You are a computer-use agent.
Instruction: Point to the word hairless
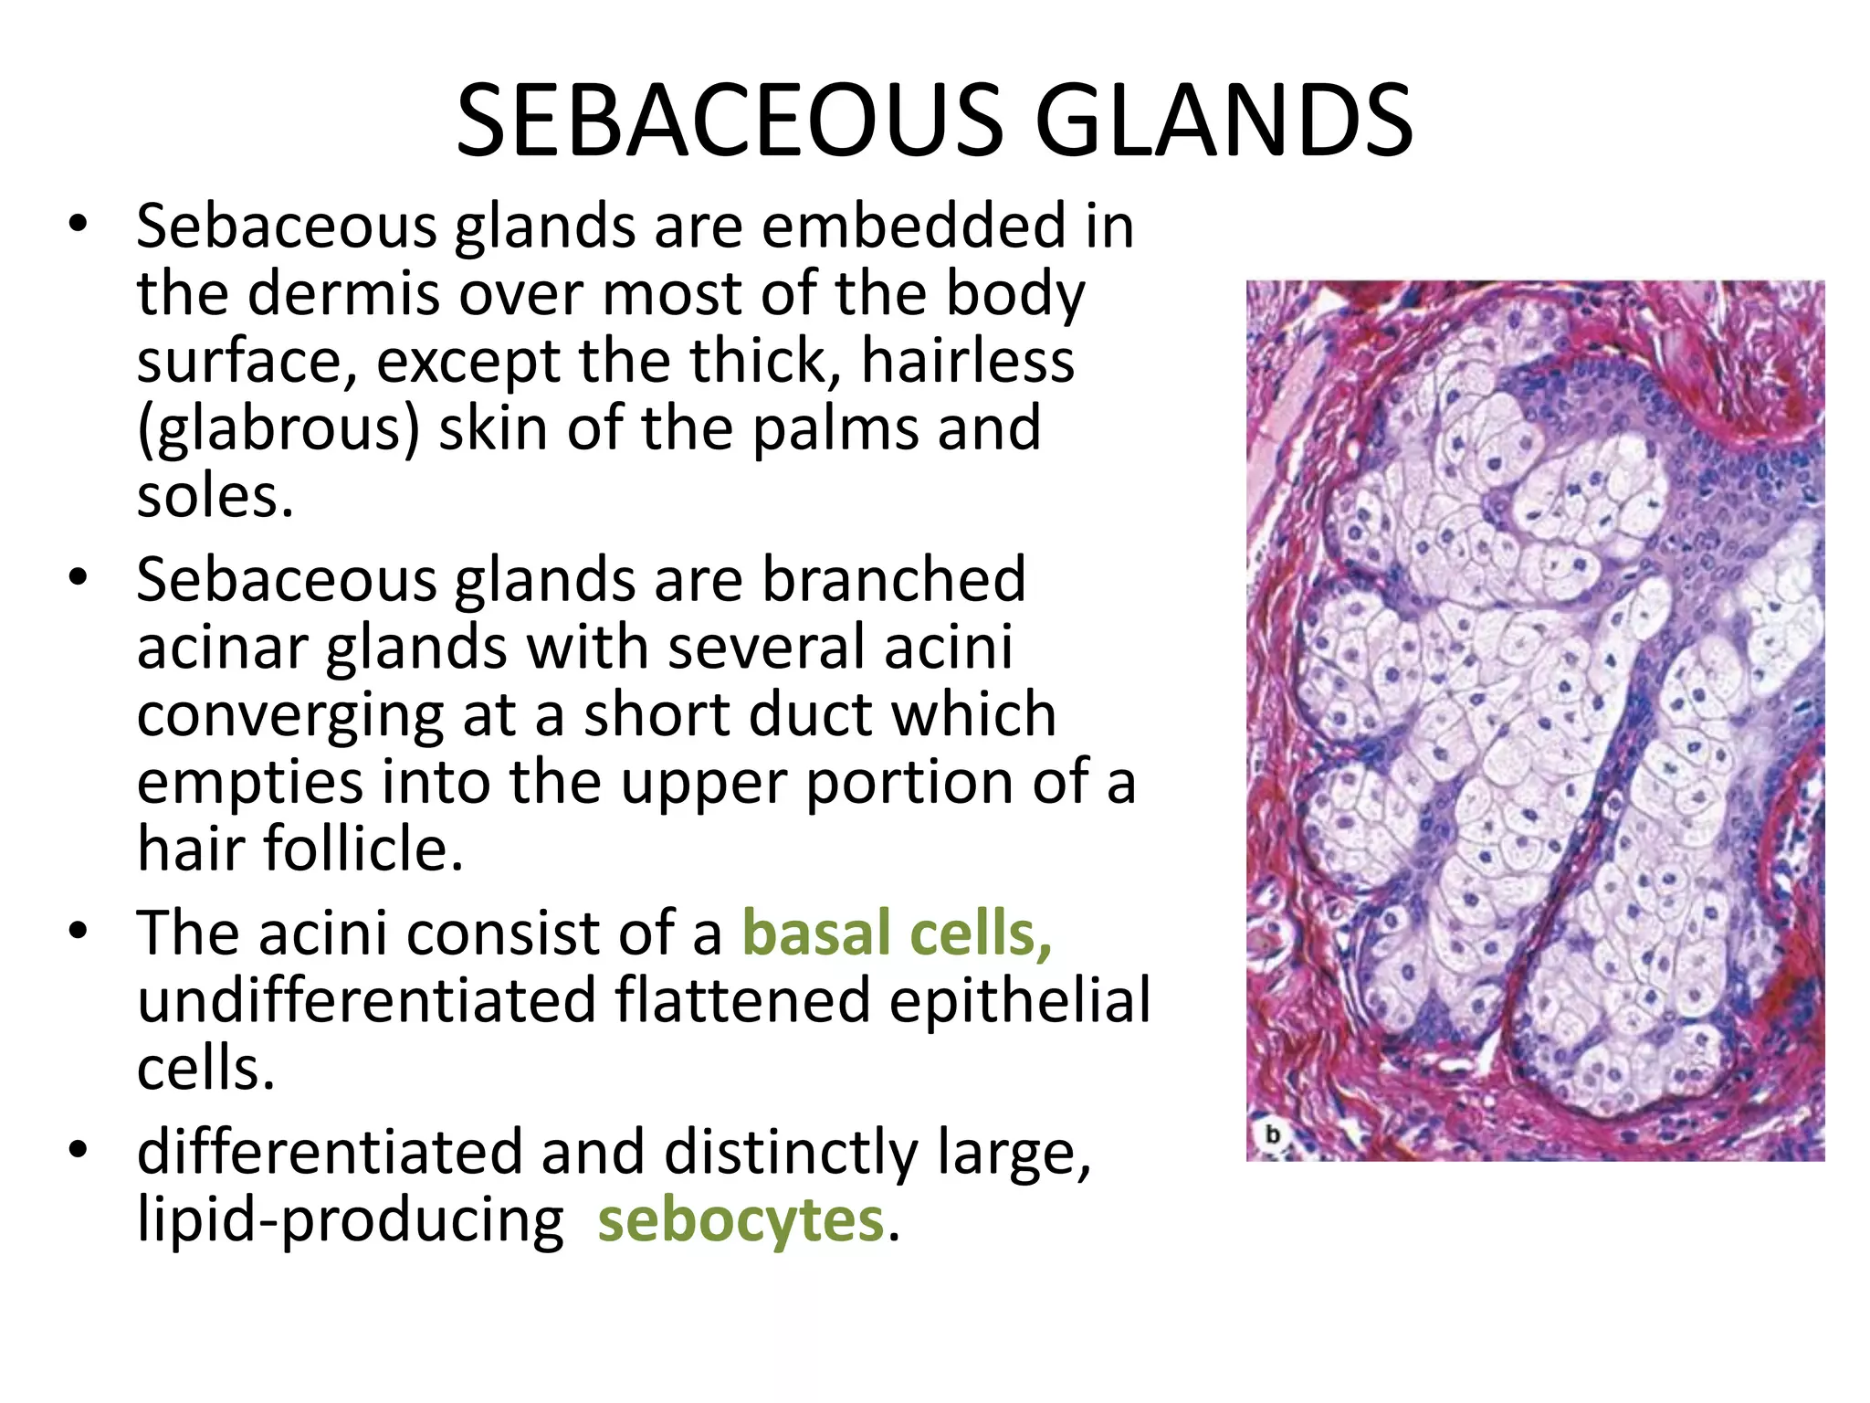(968, 361)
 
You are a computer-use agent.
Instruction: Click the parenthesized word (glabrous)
(278, 429)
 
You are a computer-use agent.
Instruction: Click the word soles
(215, 497)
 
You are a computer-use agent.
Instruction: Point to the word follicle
(364, 849)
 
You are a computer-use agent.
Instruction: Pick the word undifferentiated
(365, 1001)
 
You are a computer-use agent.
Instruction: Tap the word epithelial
(1019, 1001)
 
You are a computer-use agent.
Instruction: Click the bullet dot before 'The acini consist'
(79, 932)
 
